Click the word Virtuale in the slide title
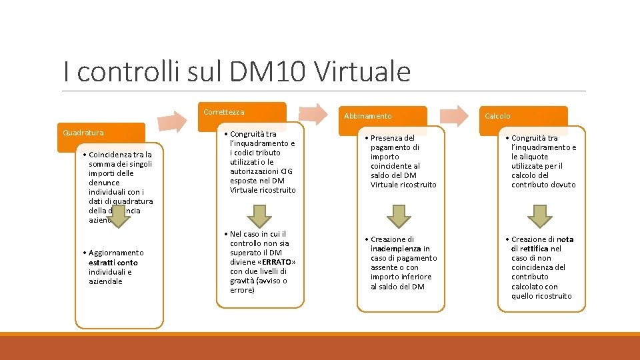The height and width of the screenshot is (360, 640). pos(362,71)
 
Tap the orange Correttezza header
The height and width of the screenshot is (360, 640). pos(244,112)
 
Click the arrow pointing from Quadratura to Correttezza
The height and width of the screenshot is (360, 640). pos(175,121)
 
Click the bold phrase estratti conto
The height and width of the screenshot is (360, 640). pos(113,263)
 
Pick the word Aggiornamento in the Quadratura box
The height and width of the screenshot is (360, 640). pos(116,253)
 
